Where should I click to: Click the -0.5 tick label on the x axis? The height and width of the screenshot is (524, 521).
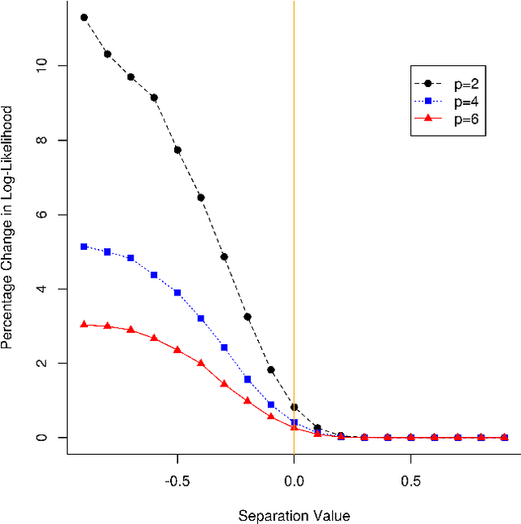177,480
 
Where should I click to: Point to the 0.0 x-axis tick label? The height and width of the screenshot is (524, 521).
294,480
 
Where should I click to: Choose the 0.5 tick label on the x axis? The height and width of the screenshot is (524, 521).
410,480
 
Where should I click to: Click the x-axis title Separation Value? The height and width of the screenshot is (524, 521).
294,515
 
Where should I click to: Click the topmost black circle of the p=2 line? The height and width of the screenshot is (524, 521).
84,17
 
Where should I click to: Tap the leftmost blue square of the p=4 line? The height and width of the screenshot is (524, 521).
84,246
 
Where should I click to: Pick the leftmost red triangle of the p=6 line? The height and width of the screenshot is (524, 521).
84,324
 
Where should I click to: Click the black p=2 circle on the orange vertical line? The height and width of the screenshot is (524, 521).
294,407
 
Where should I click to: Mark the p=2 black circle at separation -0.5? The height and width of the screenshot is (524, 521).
177,150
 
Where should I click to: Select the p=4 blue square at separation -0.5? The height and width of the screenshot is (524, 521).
177,293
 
